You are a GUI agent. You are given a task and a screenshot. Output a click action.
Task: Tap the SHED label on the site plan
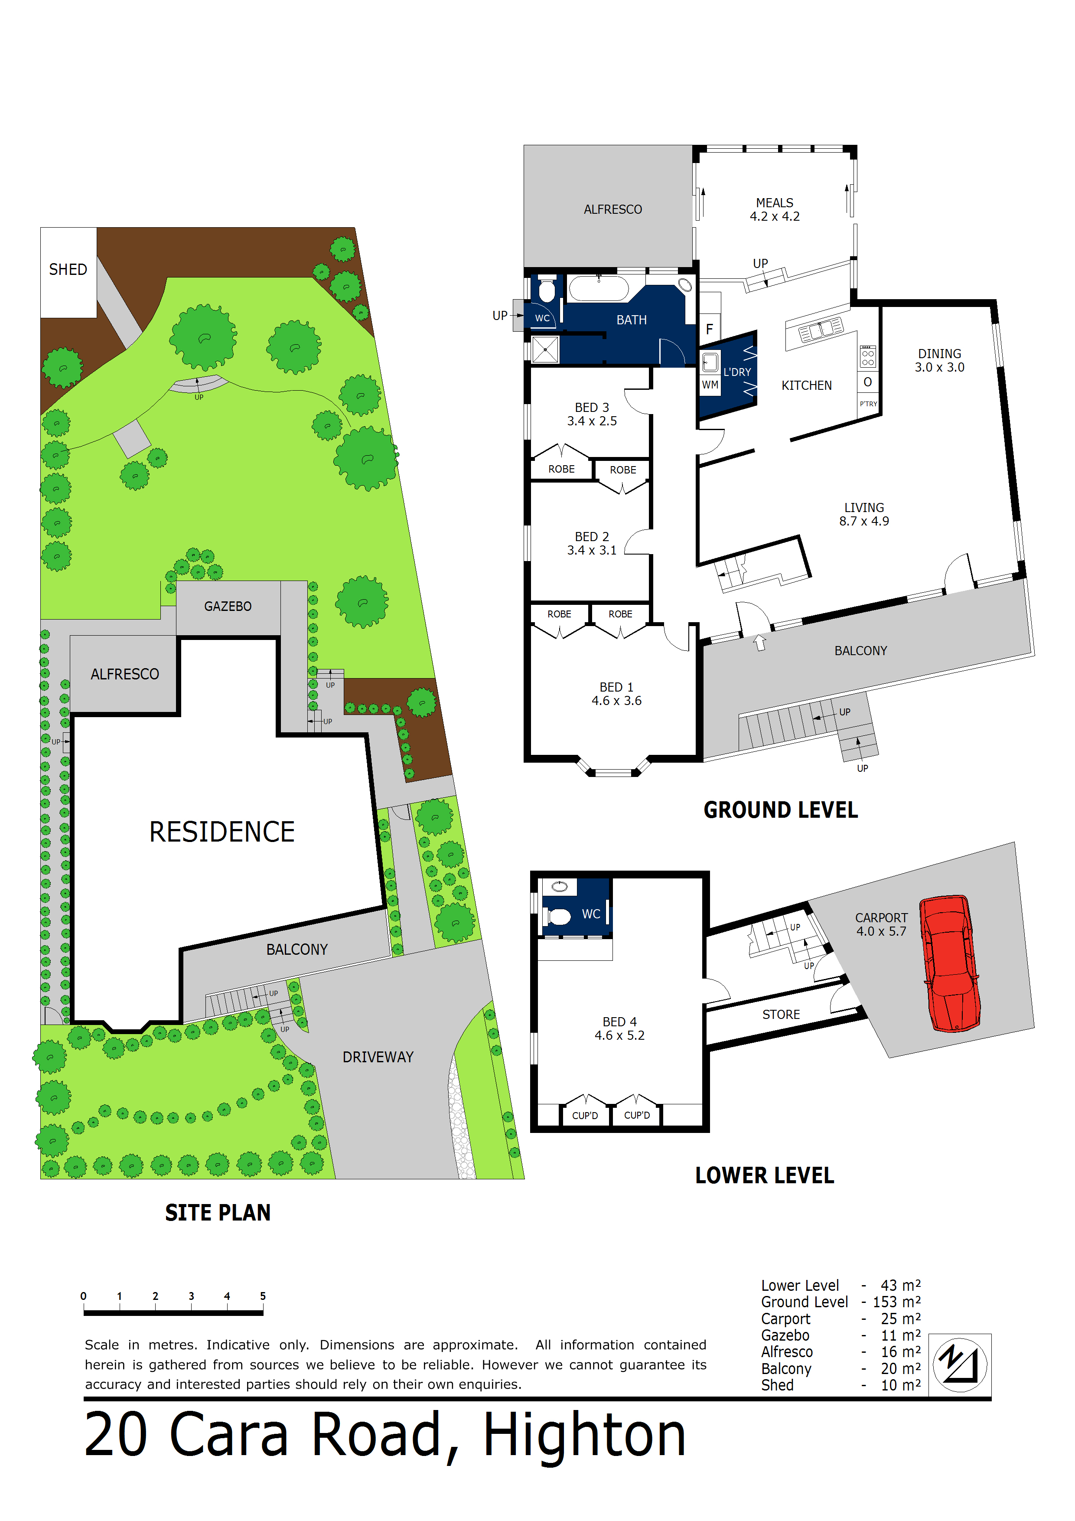coord(68,270)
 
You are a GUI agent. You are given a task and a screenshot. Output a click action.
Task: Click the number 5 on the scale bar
coord(263,1296)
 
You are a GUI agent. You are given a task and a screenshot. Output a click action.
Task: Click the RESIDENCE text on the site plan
coord(222,832)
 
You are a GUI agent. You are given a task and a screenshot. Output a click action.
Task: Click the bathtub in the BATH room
coord(598,290)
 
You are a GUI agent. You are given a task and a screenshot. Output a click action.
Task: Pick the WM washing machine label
coord(710,385)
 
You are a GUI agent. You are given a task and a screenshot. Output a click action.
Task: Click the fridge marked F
coord(710,329)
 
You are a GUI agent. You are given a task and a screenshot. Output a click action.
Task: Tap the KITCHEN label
coord(806,385)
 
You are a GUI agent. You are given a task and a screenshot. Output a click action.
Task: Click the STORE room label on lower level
coord(781,1015)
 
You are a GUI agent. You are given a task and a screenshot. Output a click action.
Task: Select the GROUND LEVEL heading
coord(780,810)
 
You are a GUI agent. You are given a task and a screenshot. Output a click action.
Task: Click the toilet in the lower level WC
coord(557,917)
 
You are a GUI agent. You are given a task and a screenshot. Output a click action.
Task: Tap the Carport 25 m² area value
coord(900,1319)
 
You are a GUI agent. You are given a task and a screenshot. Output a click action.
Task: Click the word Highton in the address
coord(584,1436)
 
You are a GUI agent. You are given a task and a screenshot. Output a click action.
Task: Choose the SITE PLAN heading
coord(218,1213)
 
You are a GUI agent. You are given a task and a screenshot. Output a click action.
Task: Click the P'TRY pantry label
coord(868,404)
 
